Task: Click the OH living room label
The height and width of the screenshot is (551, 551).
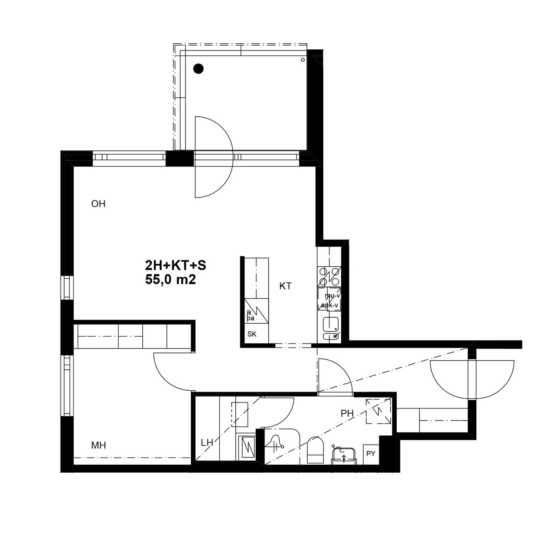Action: coord(98,204)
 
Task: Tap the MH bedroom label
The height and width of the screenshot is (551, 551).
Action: coord(98,445)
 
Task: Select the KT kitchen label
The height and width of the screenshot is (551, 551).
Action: coord(285,286)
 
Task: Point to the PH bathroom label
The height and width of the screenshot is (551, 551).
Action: coord(347,413)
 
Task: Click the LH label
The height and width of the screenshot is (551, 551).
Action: coord(207,443)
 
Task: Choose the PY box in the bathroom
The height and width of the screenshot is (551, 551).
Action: coord(371,454)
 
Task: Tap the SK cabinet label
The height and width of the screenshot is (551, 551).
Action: coord(252,334)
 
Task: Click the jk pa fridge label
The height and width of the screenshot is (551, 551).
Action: coord(250,316)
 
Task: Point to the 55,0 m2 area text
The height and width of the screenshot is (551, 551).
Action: coord(170,280)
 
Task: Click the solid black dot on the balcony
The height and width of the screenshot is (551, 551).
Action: coord(198,68)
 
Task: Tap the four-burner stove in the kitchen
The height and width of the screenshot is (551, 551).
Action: coord(329,277)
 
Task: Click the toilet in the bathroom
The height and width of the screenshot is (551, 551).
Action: coord(315,450)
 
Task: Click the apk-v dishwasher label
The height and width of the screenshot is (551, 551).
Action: coord(329,305)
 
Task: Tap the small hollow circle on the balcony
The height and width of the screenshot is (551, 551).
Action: coord(303,60)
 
